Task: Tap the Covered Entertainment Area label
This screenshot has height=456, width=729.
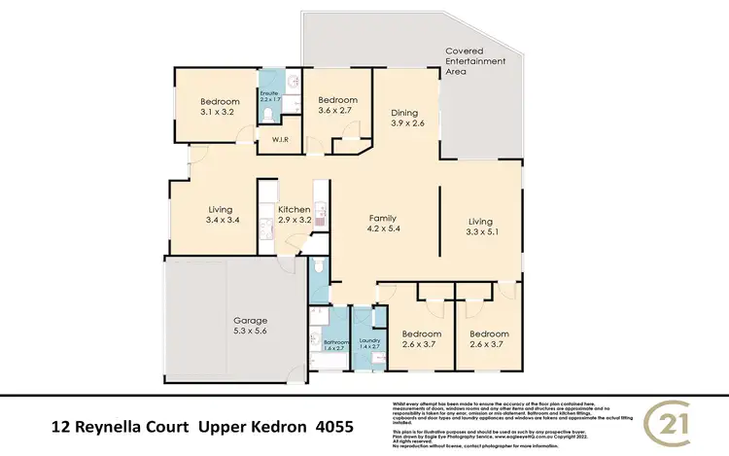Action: point(476,60)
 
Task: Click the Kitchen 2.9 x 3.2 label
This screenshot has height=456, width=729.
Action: point(294,215)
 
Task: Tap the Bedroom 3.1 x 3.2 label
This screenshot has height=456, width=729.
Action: point(220,106)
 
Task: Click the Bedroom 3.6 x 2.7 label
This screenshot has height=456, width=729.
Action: point(338,105)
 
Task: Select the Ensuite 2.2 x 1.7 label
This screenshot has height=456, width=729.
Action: point(269,97)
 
